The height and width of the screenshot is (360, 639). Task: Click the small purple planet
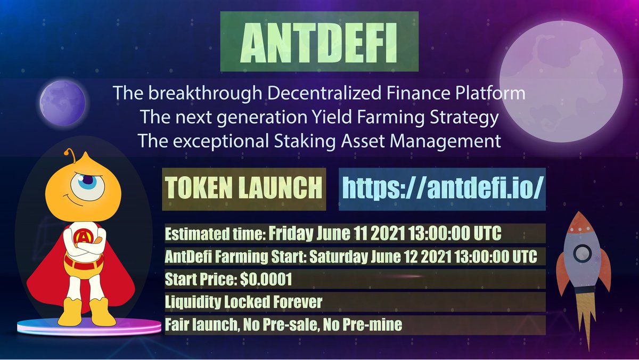click(63, 102)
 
